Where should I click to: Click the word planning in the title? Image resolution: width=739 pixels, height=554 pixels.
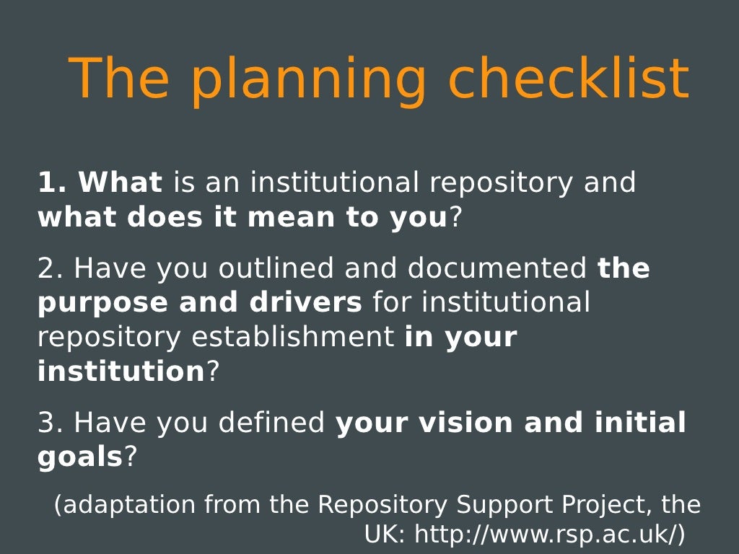point(308,79)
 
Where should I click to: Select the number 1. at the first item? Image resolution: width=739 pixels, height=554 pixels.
point(52,183)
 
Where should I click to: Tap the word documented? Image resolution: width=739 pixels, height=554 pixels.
point(497,268)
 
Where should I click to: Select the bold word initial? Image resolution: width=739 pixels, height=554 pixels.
point(640,423)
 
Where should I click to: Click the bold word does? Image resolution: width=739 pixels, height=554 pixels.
point(163,217)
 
